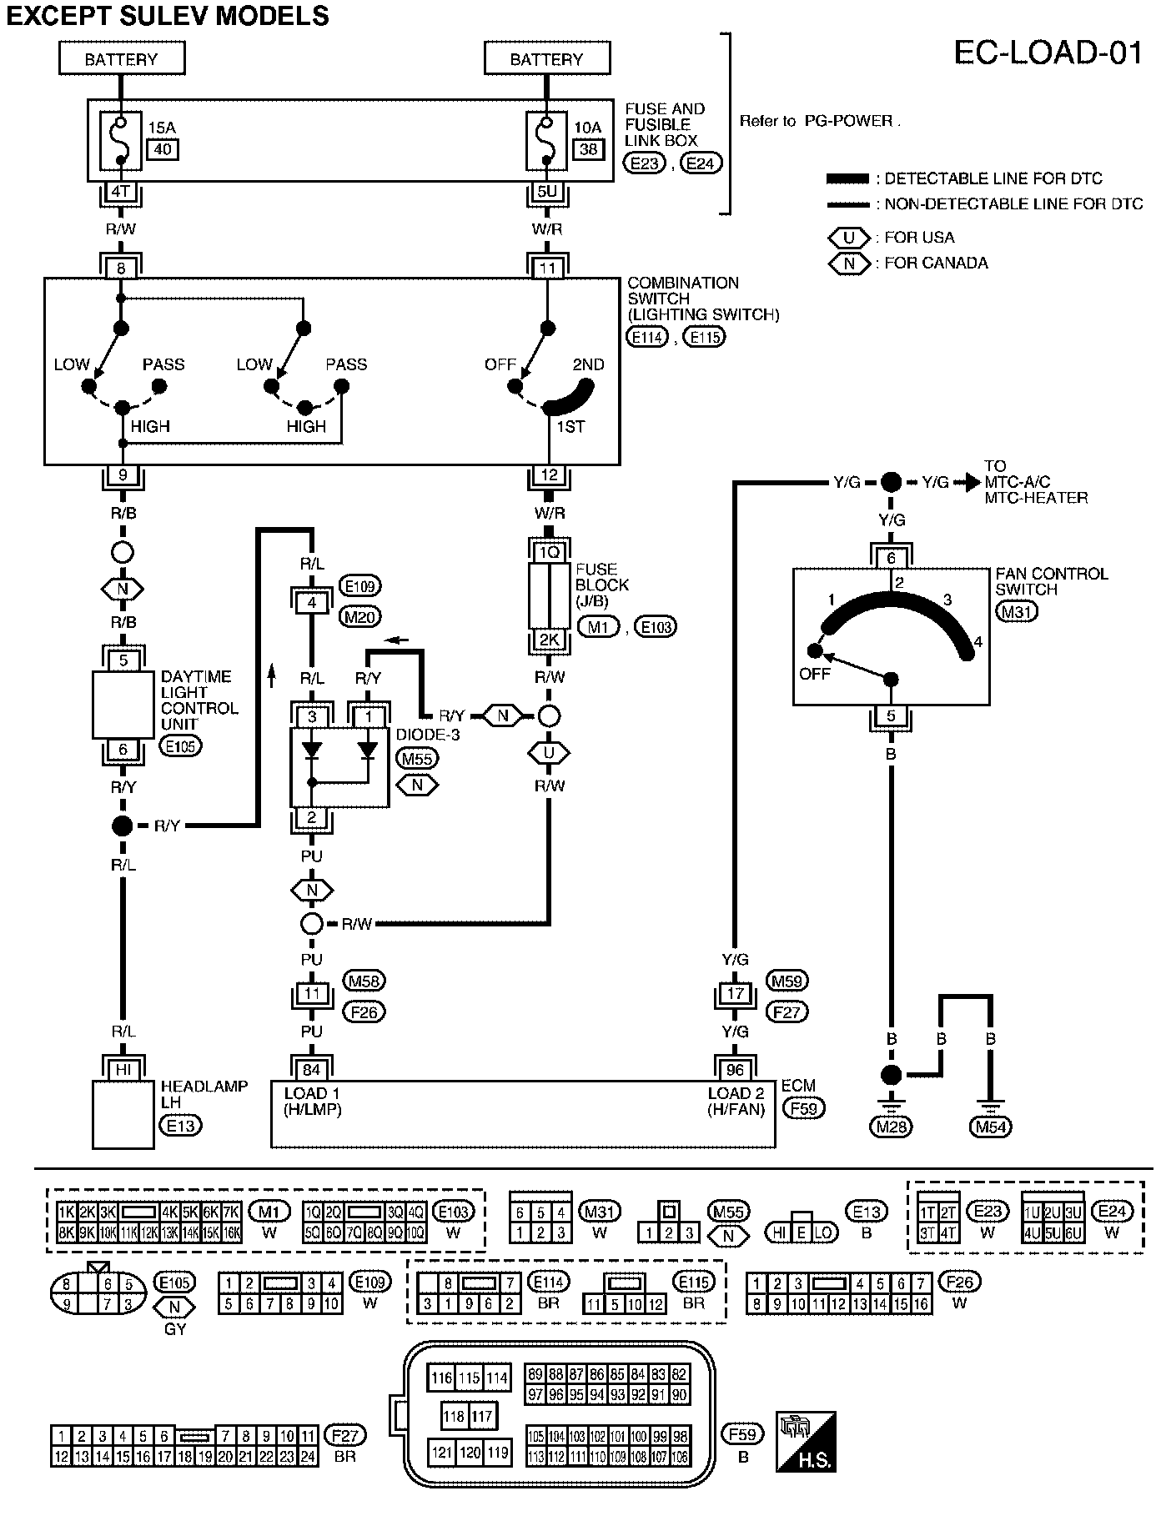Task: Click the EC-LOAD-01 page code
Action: click(x=1048, y=53)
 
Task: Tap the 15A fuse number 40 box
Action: click(x=163, y=148)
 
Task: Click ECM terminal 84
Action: click(x=311, y=1069)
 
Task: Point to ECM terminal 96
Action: click(x=735, y=1069)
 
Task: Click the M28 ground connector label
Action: click(x=891, y=1127)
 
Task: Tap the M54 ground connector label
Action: click(x=990, y=1127)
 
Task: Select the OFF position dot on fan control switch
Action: click(x=815, y=650)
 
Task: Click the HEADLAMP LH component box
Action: click(x=123, y=1114)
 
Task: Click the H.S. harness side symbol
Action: click(x=806, y=1442)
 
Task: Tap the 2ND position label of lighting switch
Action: click(x=588, y=364)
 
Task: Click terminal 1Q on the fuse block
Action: click(x=549, y=552)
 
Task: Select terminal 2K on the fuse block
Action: click(x=549, y=640)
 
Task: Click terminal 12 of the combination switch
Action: click(x=549, y=475)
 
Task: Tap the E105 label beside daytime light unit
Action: click(x=181, y=746)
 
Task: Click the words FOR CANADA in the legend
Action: click(x=936, y=263)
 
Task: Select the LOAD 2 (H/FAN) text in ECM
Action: click(x=736, y=1101)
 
